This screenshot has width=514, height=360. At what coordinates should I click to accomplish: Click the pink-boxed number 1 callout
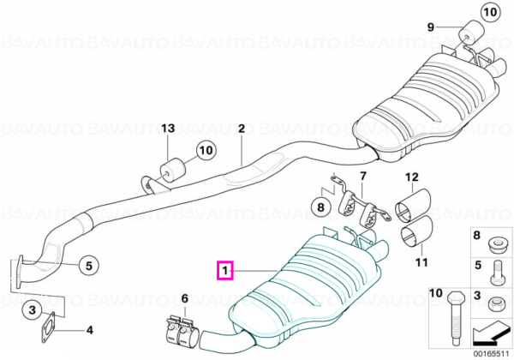coord(224,271)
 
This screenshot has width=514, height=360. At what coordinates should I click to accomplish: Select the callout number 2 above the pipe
coord(242,129)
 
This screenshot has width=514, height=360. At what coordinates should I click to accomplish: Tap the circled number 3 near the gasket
coord(33,309)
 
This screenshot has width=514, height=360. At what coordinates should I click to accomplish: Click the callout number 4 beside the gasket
coord(89,329)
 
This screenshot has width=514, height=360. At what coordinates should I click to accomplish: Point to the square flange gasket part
coord(48,327)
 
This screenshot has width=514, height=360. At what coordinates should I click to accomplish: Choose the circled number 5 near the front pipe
coord(89,265)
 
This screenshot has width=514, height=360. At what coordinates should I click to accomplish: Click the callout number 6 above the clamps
coord(184,298)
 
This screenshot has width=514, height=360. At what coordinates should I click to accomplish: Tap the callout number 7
coord(362,177)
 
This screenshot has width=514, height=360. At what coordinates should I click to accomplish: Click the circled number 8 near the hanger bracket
coord(320,207)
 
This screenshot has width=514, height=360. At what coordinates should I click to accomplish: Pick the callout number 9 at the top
coord(430,27)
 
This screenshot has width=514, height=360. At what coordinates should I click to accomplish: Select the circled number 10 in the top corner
coord(490,13)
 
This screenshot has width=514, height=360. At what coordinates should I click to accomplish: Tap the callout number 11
coord(421,262)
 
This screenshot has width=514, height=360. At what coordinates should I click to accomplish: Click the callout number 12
coord(412,177)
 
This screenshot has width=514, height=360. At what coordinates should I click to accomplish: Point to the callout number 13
coord(168,129)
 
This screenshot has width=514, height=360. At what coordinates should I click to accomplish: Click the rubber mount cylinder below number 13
coord(172,171)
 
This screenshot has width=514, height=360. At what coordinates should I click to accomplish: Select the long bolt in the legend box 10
coord(454,317)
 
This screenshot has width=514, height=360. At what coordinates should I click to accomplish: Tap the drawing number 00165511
coord(490,354)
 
